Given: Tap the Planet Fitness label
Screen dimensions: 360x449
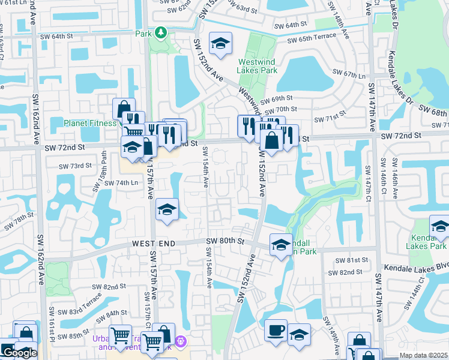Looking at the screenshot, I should point(90,123).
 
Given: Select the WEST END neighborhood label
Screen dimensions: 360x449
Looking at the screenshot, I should point(154,243).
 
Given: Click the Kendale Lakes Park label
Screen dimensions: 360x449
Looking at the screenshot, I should point(426,242).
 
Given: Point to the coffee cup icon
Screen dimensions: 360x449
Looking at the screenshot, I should point(276,331).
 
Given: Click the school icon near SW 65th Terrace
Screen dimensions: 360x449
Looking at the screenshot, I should point(220,44).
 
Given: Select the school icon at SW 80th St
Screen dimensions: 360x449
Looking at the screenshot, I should point(280,245).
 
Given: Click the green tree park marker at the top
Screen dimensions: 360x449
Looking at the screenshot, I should point(160,32).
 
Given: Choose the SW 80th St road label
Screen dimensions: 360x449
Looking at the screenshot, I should point(225,241).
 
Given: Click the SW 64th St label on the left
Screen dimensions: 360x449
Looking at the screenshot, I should point(70,37).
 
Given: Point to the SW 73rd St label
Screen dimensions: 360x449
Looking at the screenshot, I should point(76,166).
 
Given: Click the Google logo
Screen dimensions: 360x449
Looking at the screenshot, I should point(19,353).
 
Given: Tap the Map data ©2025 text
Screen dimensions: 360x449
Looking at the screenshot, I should point(423,355).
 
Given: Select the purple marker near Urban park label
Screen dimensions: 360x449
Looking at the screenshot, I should point(182,342).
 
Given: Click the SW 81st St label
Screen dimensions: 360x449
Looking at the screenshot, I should point(353,260).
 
